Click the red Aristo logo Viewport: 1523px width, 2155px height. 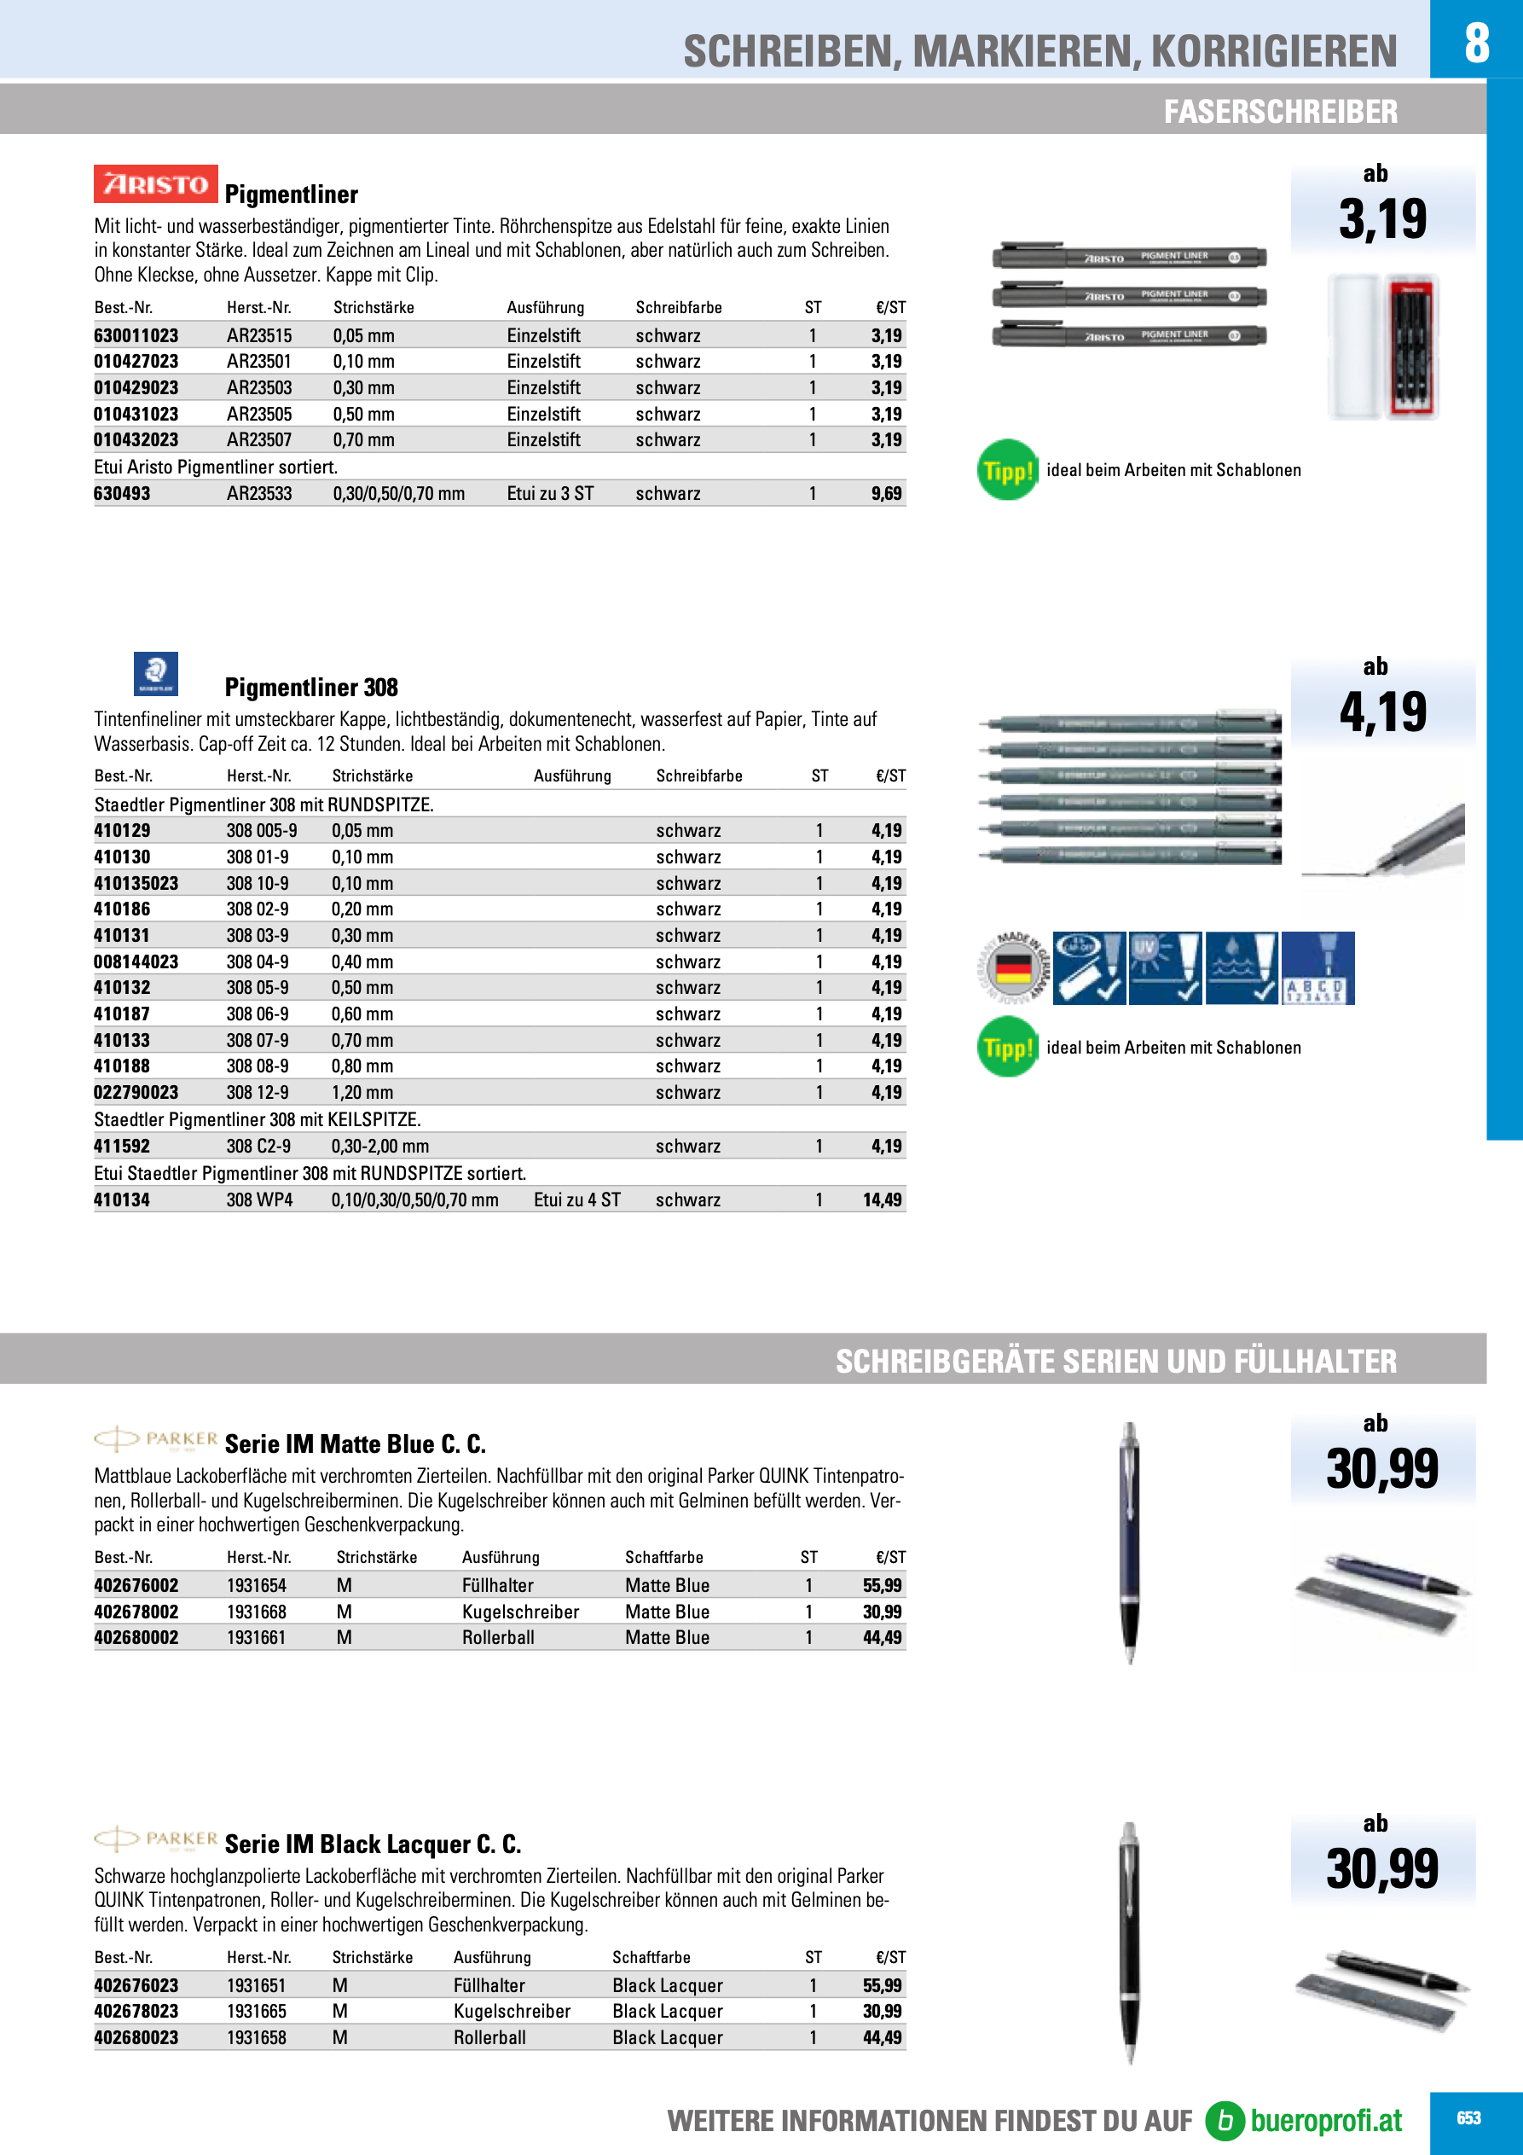[156, 184]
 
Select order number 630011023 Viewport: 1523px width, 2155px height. [136, 336]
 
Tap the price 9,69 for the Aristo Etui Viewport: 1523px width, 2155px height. [886, 494]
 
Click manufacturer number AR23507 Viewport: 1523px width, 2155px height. [259, 440]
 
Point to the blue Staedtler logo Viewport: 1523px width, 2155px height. [156, 673]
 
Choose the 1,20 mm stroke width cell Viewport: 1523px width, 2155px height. [362, 1093]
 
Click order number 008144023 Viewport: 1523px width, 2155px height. [136, 962]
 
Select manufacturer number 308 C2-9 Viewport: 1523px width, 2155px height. [258, 1146]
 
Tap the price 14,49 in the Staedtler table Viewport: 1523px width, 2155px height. [882, 1199]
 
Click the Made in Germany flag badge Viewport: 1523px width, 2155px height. [1012, 967]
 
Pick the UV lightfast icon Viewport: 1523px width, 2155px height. [1165, 967]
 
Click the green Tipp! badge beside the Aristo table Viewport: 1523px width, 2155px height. [1007, 470]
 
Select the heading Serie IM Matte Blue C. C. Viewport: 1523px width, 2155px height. [355, 1443]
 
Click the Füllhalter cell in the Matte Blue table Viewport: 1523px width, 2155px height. [497, 1585]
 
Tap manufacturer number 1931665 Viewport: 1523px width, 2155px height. [256, 2012]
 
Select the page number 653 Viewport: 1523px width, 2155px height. [1468, 2118]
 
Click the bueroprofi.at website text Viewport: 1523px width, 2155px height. [1325, 2120]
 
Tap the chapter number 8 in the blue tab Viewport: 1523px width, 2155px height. [1476, 43]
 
